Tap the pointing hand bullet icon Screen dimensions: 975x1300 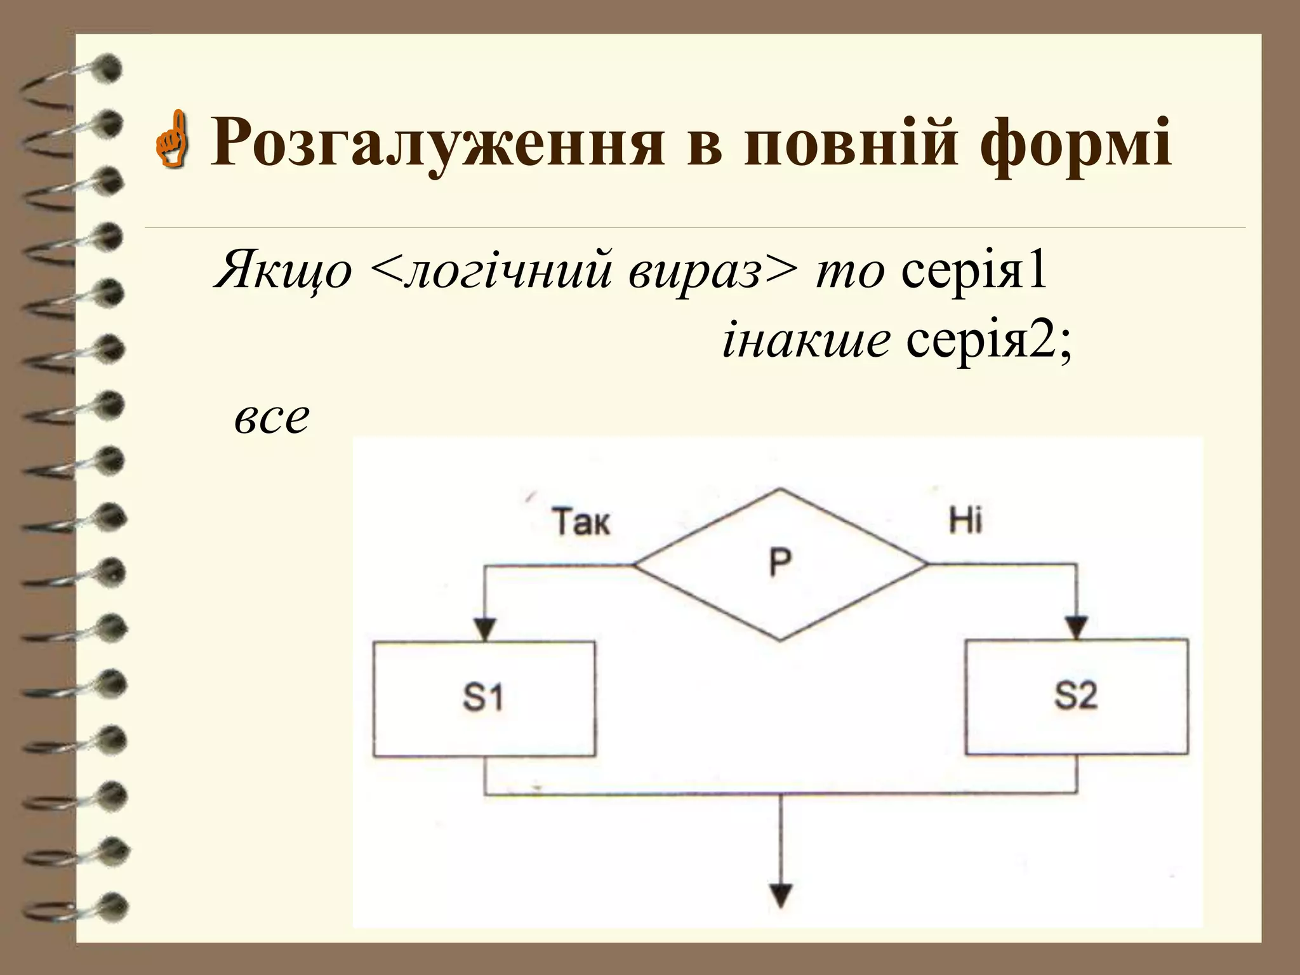click(x=172, y=141)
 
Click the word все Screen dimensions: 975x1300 click(x=272, y=419)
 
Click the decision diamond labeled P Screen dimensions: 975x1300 click(x=780, y=564)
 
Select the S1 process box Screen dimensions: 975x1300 click(x=484, y=698)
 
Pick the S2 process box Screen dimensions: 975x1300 click(x=1077, y=696)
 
